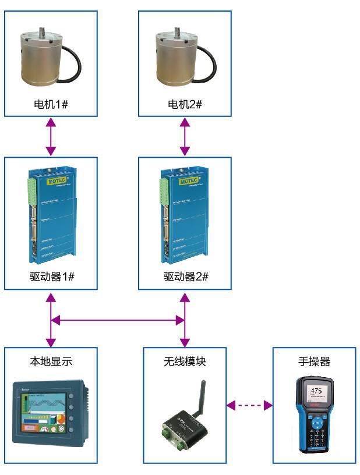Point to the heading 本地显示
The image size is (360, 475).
click(x=51, y=361)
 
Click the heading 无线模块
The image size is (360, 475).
click(x=185, y=361)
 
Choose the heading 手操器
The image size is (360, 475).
click(x=314, y=361)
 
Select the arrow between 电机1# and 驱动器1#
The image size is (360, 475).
click(x=51, y=137)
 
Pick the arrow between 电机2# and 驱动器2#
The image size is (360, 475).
click(x=185, y=137)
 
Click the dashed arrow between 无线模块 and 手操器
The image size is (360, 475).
click(x=249, y=405)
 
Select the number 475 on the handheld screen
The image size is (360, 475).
click(x=316, y=391)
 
